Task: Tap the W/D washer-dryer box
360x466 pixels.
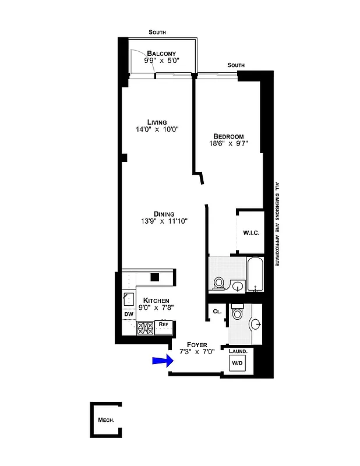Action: [237, 363]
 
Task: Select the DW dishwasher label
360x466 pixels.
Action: [128, 315]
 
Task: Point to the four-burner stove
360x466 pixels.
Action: [144, 329]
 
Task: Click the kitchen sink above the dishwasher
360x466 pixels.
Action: [128, 299]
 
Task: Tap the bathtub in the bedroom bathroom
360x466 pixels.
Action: [255, 276]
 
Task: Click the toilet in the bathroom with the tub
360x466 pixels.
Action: [219, 283]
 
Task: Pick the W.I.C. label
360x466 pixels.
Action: [251, 233]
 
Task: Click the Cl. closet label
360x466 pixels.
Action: [217, 312]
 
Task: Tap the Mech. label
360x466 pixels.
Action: [105, 419]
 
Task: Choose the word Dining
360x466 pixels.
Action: [164, 213]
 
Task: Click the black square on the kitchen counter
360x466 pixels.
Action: [154, 277]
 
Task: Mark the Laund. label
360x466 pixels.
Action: [238, 352]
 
